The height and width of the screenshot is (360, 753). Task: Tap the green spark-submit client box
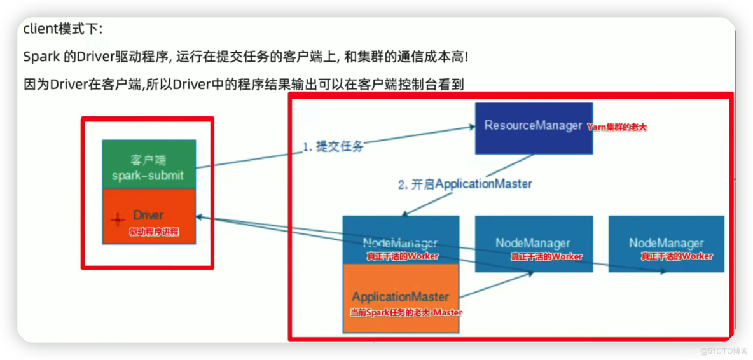pos(149,163)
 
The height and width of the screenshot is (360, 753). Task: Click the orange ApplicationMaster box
pos(401,298)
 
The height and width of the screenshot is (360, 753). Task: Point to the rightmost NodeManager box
pos(666,244)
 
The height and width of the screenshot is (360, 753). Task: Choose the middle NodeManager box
pos(534,244)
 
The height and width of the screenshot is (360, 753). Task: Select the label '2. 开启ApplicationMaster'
pos(464,184)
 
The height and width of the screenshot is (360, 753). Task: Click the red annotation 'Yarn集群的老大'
pos(616,127)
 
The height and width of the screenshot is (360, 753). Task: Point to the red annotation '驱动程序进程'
pos(154,232)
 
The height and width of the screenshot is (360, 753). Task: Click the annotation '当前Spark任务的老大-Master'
pos(406,313)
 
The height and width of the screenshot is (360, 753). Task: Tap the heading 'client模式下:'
pos(62,29)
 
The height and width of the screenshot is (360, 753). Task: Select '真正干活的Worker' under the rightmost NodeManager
pos(677,256)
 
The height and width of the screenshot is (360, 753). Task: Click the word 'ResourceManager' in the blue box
pos(533,125)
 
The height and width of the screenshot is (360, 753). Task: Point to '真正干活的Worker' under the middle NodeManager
pos(546,256)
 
